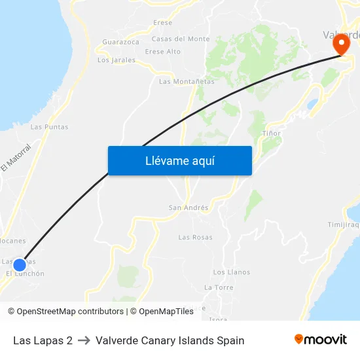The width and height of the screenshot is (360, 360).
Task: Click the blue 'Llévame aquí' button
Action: coord(179,160)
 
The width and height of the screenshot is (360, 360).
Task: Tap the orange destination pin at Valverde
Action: coord(341,45)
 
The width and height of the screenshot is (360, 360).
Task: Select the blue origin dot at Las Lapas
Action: coord(20,264)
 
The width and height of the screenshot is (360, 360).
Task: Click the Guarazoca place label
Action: coord(120,42)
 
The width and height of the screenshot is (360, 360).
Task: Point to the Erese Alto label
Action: coord(163,51)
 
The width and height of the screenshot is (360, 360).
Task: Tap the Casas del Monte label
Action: coord(181,39)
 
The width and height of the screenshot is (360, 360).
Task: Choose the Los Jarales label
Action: coord(117,60)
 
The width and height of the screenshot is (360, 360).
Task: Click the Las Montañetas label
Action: coord(187,82)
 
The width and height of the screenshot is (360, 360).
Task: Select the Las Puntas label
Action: coord(49,127)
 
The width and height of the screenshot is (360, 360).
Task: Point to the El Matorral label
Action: coord(16,158)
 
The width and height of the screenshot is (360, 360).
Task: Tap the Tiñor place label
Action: coord(271,134)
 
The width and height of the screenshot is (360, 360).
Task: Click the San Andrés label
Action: coord(189,208)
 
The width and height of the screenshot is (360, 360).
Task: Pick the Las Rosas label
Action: coord(195,237)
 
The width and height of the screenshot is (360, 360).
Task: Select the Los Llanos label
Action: coord(231,272)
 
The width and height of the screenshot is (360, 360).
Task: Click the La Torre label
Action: coord(219,287)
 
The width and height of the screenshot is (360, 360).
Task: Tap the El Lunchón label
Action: coord(26,274)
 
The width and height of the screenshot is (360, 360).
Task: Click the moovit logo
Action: coord(320,340)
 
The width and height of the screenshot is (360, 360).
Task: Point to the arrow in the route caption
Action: coord(84,340)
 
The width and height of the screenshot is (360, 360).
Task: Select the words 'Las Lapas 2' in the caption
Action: coord(43,340)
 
